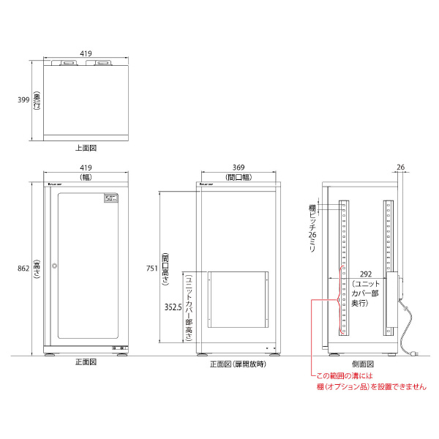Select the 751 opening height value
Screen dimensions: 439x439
coord(151,269)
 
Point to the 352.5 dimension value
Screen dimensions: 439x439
coord(172,308)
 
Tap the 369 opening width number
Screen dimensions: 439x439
coord(239,168)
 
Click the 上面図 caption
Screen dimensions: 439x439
coord(86,148)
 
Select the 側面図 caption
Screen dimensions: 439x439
coord(362,364)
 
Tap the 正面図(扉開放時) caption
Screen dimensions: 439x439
coord(238,364)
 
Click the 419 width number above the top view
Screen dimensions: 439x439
coord(86,53)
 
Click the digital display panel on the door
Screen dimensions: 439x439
coord(110,198)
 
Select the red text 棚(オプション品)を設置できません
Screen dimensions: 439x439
coord(371,387)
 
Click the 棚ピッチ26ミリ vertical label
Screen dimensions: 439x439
coord(312,228)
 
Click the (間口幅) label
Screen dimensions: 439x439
coord(239,177)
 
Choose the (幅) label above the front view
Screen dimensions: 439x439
coord(86,177)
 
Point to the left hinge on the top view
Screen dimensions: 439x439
coord(71,63)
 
